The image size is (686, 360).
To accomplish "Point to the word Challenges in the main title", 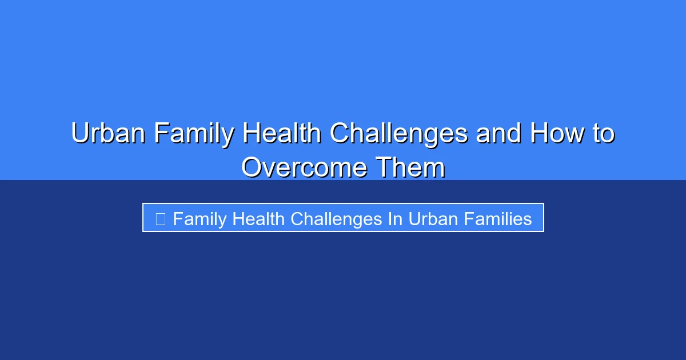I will [x=398, y=134].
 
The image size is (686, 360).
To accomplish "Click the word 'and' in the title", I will [x=499, y=134].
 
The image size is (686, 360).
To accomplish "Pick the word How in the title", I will [x=557, y=134].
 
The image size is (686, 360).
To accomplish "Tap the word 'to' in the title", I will [x=603, y=134].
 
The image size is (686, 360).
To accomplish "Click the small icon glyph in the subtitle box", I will [x=161, y=218].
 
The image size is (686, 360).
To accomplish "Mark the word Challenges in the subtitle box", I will [x=337, y=218].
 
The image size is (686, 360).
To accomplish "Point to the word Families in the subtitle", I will [x=498, y=218].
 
